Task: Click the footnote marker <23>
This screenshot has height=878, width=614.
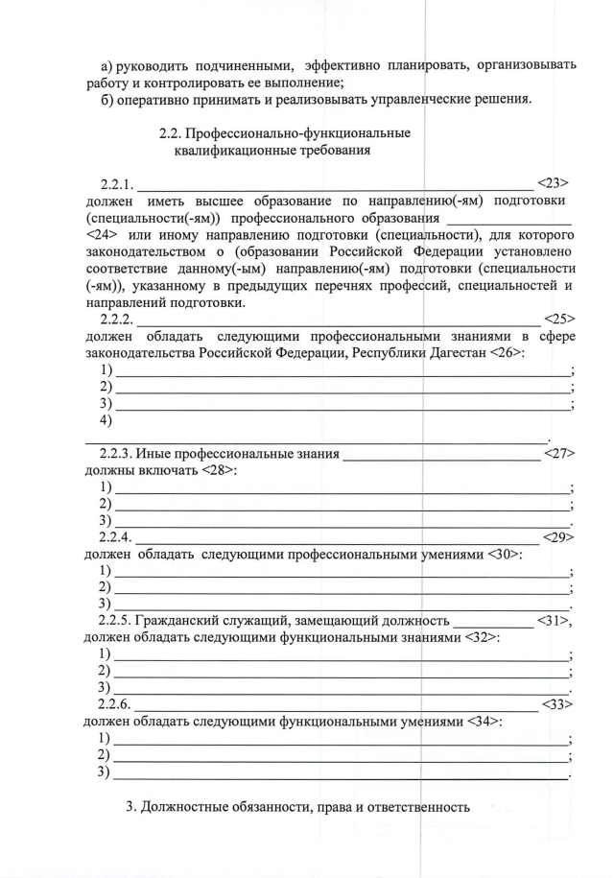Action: pos(554,182)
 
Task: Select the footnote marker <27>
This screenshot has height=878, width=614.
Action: pos(558,454)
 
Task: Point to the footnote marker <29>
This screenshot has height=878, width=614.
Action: pos(558,537)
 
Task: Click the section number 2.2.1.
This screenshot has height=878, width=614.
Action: pos(119,183)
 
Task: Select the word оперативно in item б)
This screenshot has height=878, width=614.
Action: pos(160,99)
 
